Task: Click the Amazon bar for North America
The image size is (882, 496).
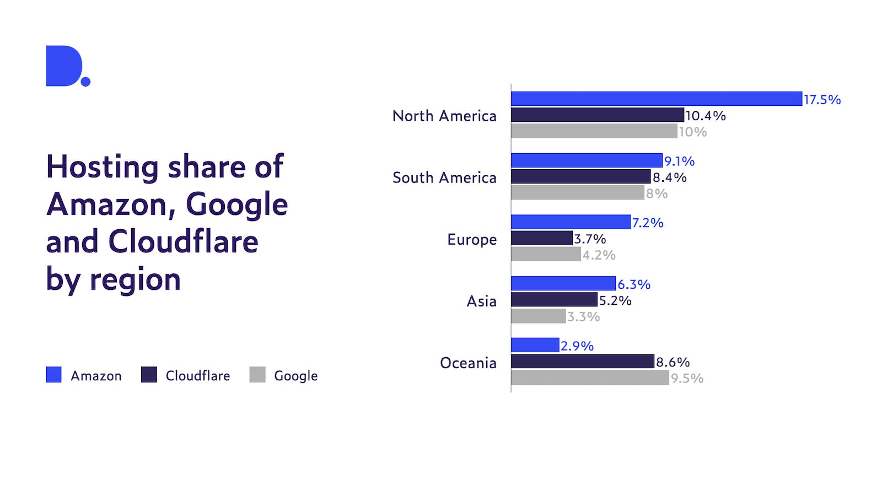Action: tap(656, 99)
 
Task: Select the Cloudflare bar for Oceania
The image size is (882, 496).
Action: tap(582, 362)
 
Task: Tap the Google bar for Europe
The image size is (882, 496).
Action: tap(546, 254)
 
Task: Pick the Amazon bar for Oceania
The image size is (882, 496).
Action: tap(535, 345)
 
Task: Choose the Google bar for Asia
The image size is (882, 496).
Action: tap(538, 316)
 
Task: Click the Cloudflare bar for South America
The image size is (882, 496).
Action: tap(580, 176)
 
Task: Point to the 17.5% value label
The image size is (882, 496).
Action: tap(822, 100)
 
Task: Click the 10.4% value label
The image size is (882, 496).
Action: tap(705, 116)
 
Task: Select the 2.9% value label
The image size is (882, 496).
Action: tap(577, 346)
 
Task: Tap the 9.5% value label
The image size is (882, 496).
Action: tap(687, 379)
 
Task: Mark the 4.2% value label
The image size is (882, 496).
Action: tap(599, 255)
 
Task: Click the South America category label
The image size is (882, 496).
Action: tap(444, 177)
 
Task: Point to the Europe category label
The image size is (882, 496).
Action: tap(472, 240)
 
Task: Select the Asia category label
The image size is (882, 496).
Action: tap(481, 301)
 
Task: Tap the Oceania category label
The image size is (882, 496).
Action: tap(468, 363)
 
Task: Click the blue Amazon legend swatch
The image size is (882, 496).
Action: tap(53, 375)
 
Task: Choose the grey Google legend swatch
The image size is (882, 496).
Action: tap(257, 375)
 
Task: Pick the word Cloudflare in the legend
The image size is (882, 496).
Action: tap(198, 376)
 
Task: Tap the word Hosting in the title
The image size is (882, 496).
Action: tap(103, 166)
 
